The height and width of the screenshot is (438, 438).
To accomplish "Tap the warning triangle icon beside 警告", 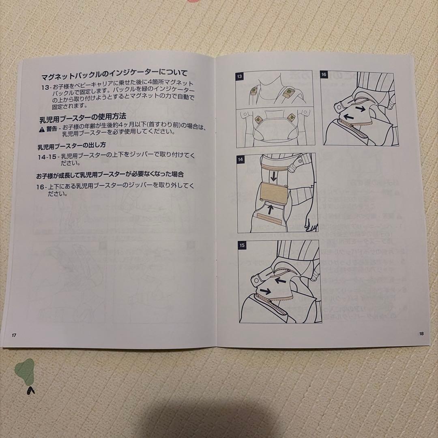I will [x=42, y=129].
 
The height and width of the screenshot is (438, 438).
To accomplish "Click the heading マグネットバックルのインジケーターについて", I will [x=114, y=74].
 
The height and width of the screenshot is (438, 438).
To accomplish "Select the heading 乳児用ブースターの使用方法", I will [x=83, y=119].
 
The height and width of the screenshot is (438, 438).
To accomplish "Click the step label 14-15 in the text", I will [x=48, y=156].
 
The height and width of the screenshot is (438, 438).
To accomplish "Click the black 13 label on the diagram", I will [x=240, y=76].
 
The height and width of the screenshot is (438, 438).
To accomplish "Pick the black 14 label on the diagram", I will [x=241, y=159].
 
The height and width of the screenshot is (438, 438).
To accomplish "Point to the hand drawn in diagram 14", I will [x=311, y=223].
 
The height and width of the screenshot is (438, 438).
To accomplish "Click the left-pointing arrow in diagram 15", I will [x=280, y=279].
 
